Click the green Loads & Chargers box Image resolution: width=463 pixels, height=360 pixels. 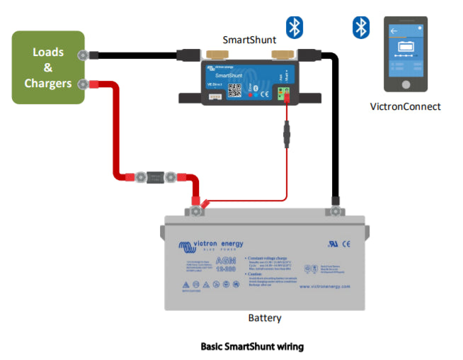coord(48,68)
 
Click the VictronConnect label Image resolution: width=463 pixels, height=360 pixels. coord(405,107)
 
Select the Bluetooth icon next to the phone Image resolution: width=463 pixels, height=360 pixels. coord(362,28)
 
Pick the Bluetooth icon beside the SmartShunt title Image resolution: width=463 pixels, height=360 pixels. coord(294,27)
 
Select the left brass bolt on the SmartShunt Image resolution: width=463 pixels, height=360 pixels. coord(212,55)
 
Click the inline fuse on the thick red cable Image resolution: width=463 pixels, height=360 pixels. coord(153,176)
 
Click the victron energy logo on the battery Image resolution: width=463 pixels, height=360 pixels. coord(211,245)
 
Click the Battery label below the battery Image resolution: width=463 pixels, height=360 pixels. coord(265,318)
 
